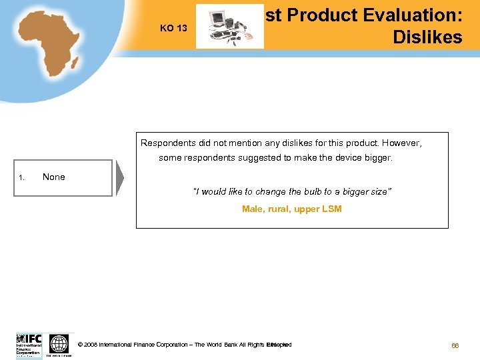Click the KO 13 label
173,28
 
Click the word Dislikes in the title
427,37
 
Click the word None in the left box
54,177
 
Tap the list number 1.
22,177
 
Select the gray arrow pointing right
120,178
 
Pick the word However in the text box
401,143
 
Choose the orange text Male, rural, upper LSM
291,209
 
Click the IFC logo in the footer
29,345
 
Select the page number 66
456,345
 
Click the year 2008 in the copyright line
91,345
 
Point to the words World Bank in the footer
221,345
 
